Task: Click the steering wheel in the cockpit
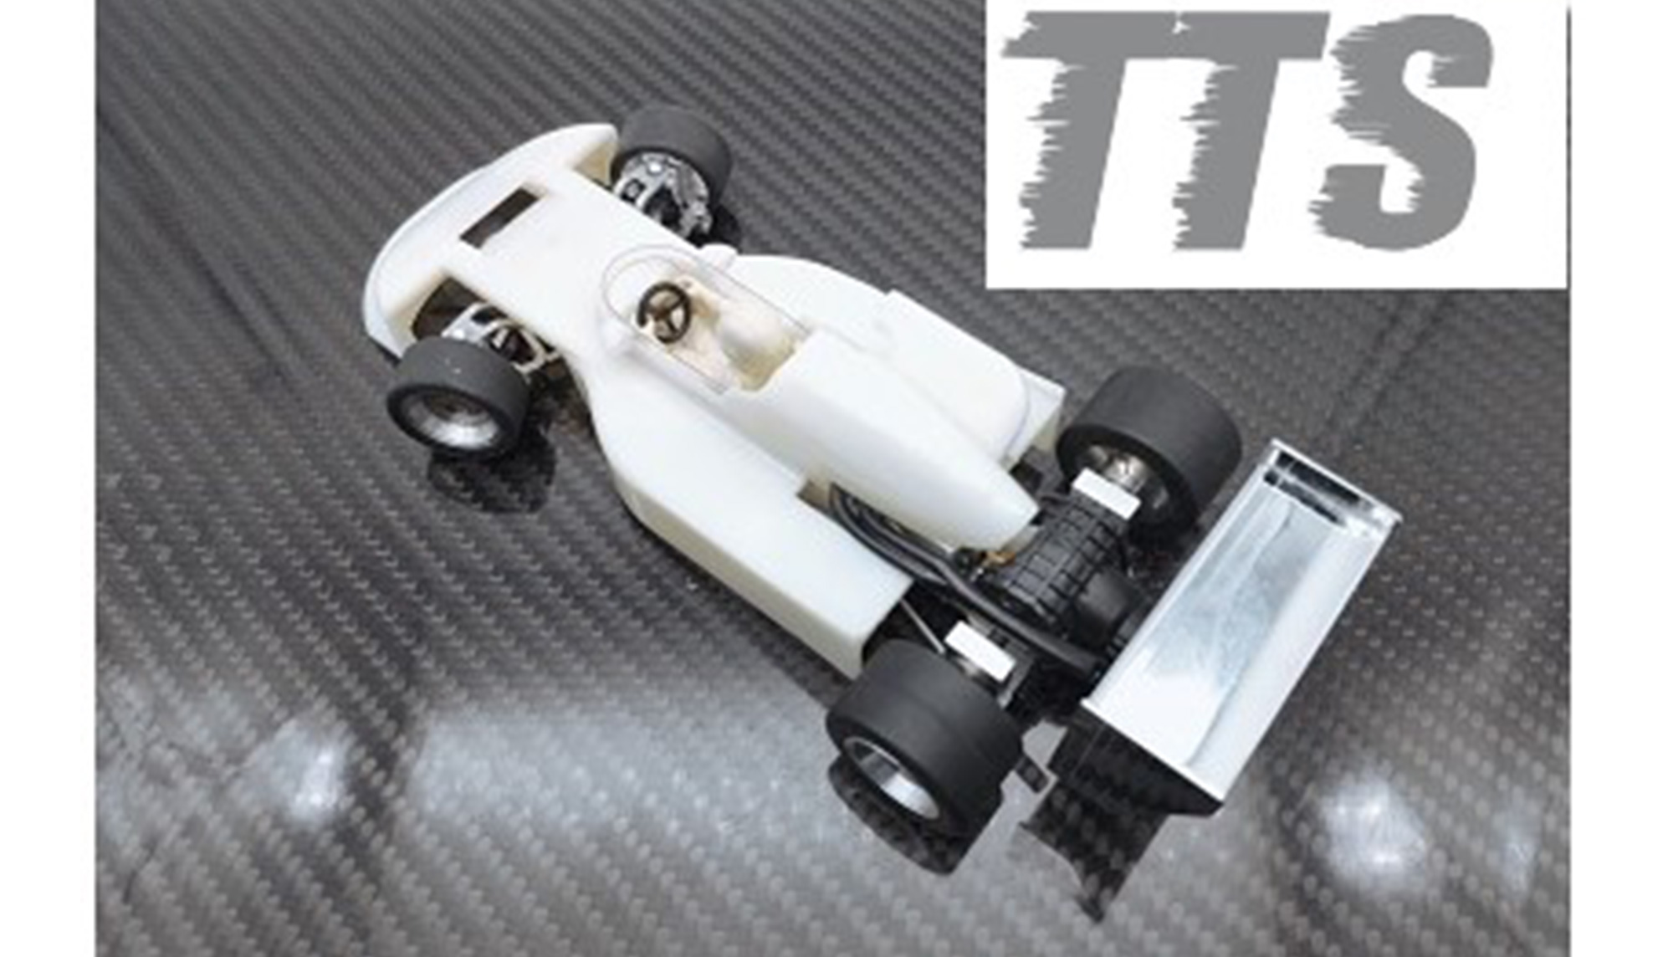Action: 665,311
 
